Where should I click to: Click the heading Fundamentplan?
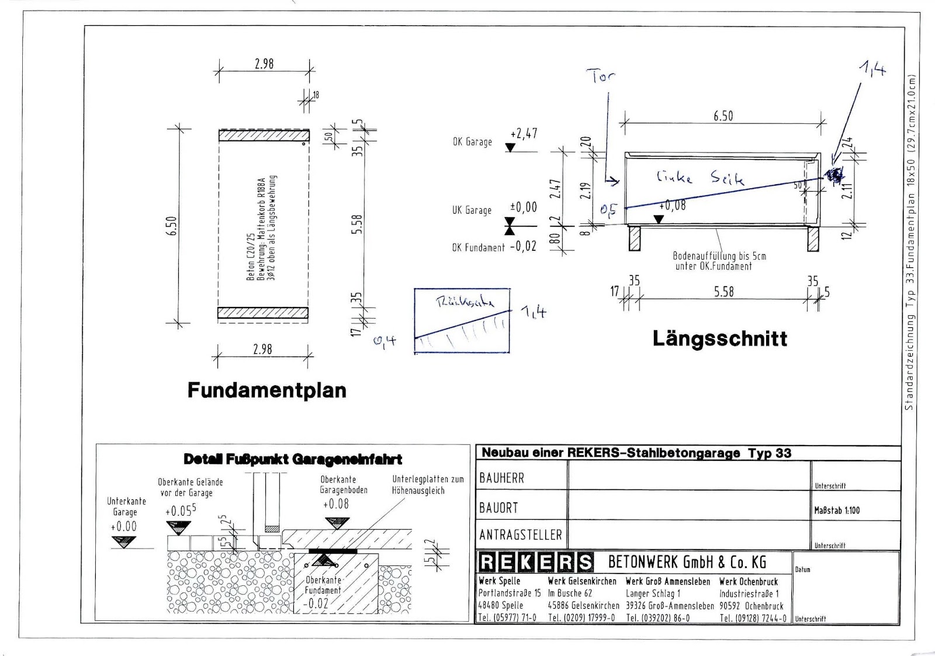point(266,390)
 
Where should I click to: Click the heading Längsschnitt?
point(719,339)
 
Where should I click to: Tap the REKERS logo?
point(536,562)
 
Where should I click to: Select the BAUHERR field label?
point(501,478)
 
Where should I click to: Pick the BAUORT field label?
point(498,507)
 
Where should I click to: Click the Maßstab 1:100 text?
point(837,510)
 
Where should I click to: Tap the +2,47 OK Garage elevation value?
point(524,134)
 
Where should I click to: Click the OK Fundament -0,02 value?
point(523,247)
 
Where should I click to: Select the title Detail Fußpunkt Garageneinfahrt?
point(293,460)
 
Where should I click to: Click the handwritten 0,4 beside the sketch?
point(385,340)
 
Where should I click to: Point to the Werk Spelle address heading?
point(499,581)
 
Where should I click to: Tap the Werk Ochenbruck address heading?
point(749,581)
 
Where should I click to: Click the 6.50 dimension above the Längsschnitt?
point(723,116)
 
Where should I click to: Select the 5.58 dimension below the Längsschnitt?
point(723,291)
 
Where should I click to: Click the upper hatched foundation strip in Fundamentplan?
point(264,136)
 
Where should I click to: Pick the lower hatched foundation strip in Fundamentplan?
point(263,313)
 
